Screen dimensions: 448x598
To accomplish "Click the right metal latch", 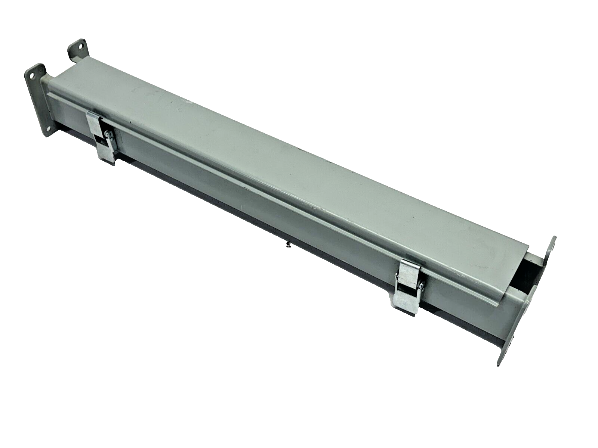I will click(x=409, y=286).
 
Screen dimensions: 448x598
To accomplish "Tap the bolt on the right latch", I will click(x=421, y=286).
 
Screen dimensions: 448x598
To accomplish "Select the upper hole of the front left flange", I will click(x=32, y=75).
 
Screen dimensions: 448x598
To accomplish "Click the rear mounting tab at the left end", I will click(x=78, y=50).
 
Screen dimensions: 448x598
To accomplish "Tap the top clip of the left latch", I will click(x=94, y=121).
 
